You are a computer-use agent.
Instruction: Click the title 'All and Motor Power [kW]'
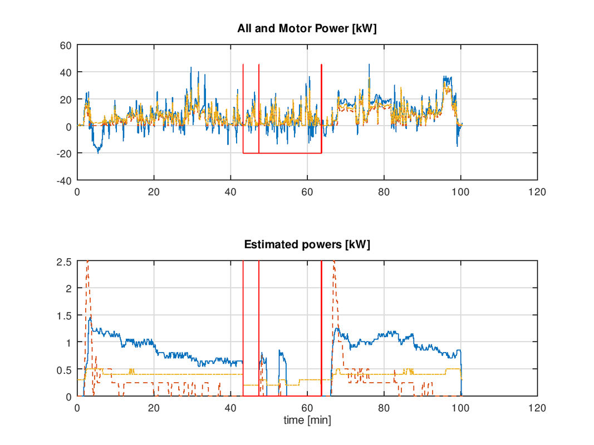(307, 28)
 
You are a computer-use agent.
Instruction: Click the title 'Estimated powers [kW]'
(307, 244)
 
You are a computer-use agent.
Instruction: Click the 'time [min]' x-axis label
(307, 421)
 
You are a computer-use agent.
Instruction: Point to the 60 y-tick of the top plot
(67, 45)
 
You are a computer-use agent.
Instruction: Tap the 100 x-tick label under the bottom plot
(460, 407)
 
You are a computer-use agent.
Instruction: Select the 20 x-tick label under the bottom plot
(154, 407)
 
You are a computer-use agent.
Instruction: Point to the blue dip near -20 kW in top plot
(98, 151)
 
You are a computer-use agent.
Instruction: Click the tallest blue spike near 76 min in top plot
(369, 65)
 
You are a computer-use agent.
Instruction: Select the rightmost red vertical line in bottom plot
(322, 328)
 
